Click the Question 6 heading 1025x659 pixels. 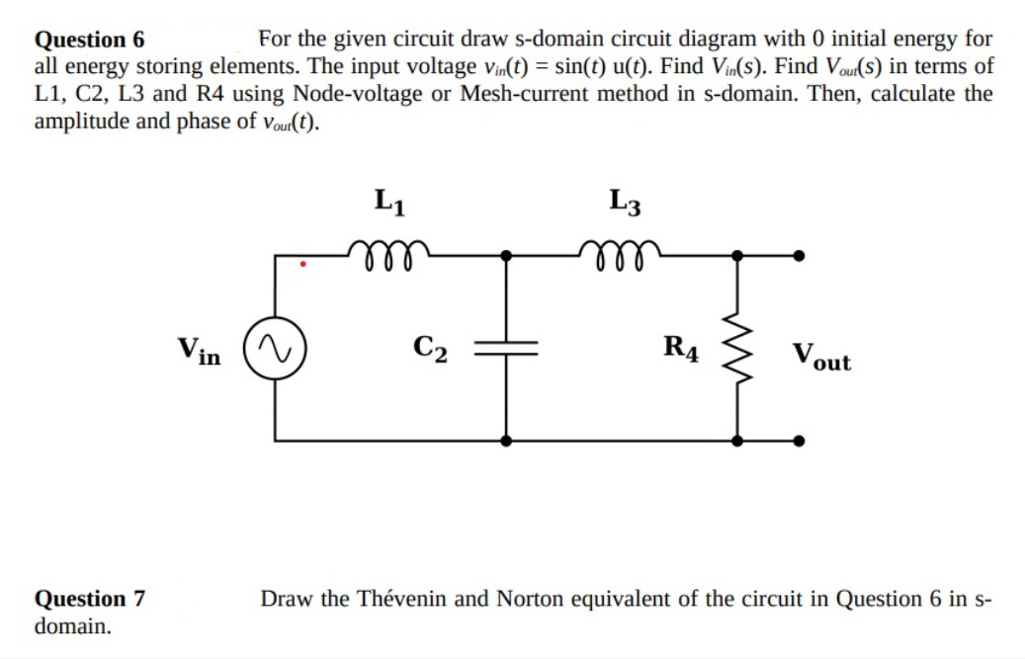(90, 41)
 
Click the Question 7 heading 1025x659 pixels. (90, 599)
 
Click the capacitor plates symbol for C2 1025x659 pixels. (506, 349)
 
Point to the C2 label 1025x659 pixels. (431, 349)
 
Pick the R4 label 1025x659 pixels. (682, 349)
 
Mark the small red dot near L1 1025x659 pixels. (304, 265)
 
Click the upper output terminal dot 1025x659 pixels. (799, 255)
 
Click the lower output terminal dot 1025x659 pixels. (799, 441)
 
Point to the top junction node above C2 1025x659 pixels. (506, 255)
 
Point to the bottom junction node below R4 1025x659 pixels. (736, 441)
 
